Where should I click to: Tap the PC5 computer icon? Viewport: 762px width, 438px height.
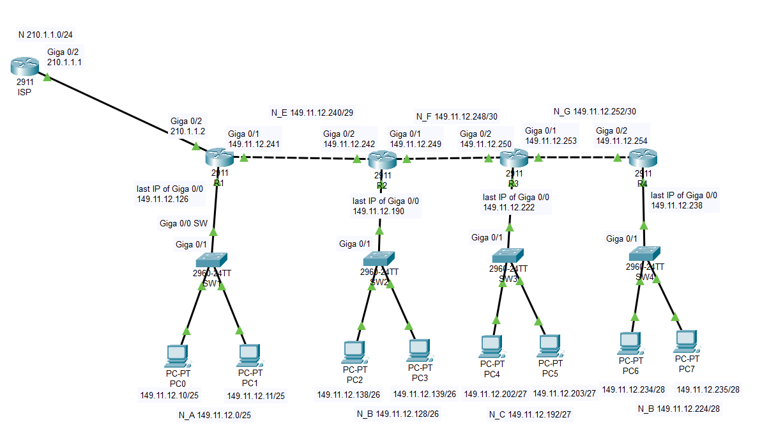point(549,346)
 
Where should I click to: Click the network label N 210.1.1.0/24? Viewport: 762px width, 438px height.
point(50,35)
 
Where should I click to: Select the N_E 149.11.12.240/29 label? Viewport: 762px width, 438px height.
point(312,113)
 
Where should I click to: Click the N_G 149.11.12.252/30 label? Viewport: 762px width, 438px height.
point(595,111)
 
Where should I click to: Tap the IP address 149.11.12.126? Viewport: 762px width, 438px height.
point(162,199)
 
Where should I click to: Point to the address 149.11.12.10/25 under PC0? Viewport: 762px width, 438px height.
point(169,395)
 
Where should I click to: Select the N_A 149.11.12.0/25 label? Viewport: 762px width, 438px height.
point(215,416)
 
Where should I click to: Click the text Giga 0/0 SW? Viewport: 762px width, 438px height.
point(183,224)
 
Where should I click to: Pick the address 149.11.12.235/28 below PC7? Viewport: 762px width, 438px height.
point(708,389)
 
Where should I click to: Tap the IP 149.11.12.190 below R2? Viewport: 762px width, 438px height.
point(378,211)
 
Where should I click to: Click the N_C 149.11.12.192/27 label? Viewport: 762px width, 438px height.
point(530,415)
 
